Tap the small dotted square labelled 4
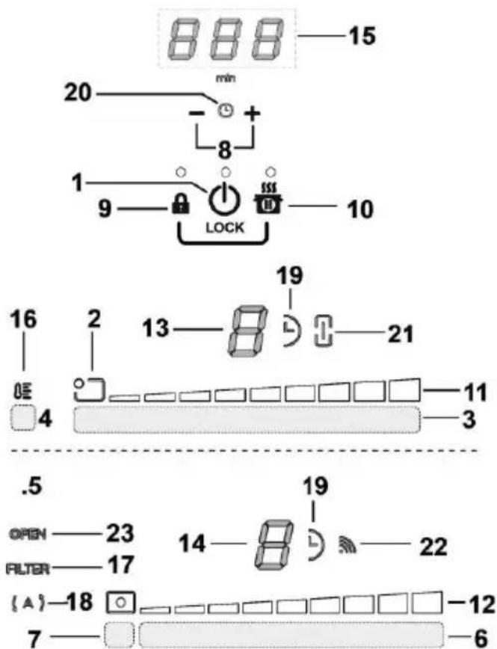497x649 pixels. coord(25,419)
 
